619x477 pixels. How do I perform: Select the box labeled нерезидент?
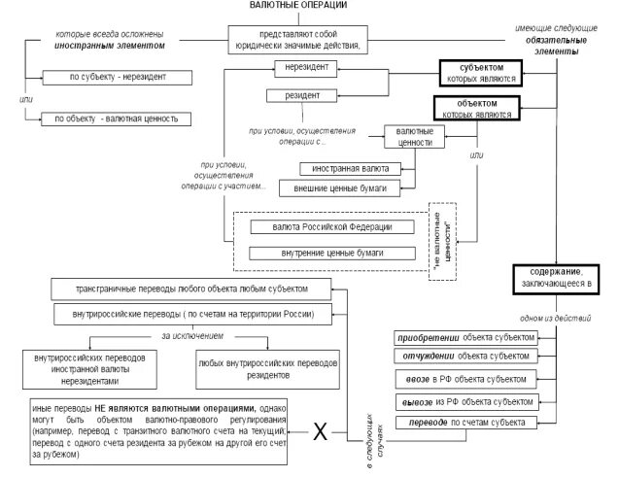[x=307, y=69]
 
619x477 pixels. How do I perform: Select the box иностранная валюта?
[x=339, y=168]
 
